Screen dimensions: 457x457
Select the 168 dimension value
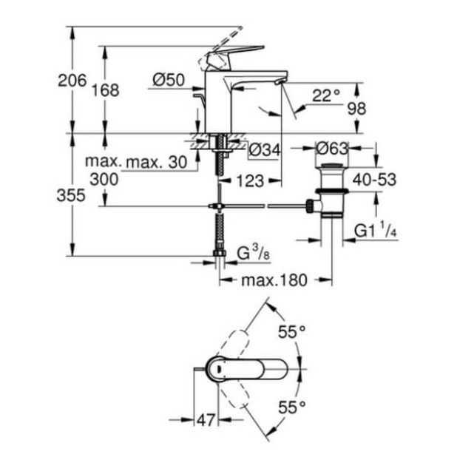pyautogui.click(x=106, y=90)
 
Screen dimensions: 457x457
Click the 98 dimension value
pyautogui.click(x=356, y=107)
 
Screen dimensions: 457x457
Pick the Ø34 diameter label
pyautogui.click(x=265, y=150)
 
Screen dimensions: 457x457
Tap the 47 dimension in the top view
pyautogui.click(x=206, y=420)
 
